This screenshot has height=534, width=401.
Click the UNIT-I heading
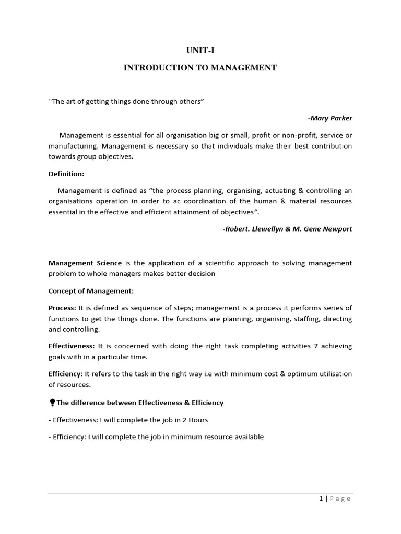(x=200, y=51)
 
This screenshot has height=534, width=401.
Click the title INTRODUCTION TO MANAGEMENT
(x=200, y=68)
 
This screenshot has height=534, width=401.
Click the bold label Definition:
(x=66, y=173)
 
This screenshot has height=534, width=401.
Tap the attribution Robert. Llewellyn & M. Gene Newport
(x=287, y=229)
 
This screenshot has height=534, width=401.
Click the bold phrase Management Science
(x=85, y=263)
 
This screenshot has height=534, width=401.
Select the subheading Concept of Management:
(x=91, y=290)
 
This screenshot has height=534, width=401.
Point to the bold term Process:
(x=63, y=308)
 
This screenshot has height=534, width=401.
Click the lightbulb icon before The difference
(x=52, y=403)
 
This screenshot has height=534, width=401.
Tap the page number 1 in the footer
(x=321, y=499)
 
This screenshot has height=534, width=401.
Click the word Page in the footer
(x=340, y=499)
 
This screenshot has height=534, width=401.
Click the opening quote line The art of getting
(x=126, y=101)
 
